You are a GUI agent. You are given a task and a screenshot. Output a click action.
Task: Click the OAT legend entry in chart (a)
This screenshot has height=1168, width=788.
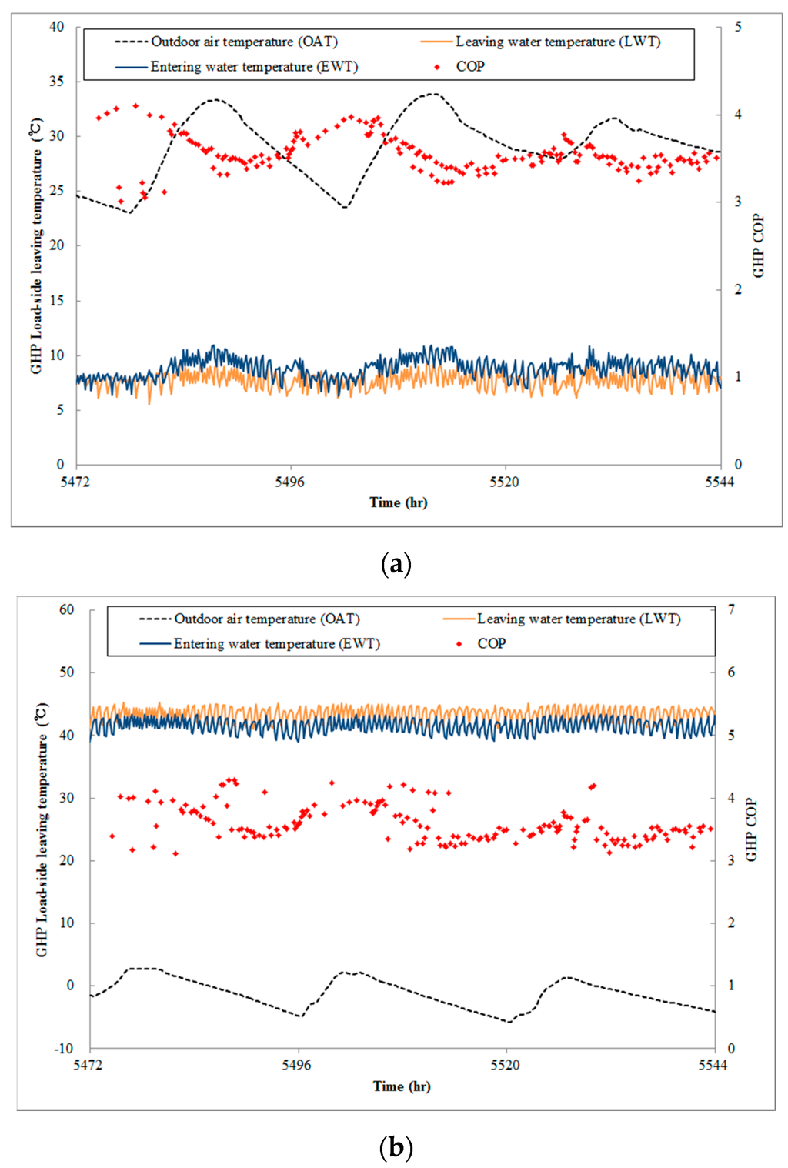(x=244, y=42)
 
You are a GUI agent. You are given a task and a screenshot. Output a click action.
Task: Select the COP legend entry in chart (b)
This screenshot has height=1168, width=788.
(x=491, y=643)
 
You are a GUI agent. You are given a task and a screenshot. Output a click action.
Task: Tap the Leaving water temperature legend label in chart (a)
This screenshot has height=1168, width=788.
(x=558, y=42)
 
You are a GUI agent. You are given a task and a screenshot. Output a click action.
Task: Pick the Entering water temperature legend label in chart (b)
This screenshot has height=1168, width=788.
(x=276, y=643)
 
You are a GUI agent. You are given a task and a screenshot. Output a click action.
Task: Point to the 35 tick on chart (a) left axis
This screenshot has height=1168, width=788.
(x=57, y=81)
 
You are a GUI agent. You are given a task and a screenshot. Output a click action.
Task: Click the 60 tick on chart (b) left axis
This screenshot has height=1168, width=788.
(x=66, y=609)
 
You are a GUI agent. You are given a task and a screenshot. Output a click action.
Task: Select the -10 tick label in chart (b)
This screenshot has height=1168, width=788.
(x=64, y=1048)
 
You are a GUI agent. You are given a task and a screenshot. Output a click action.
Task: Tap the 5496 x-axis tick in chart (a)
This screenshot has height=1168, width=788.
(x=290, y=482)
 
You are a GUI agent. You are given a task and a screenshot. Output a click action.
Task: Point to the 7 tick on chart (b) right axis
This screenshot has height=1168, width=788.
(x=731, y=609)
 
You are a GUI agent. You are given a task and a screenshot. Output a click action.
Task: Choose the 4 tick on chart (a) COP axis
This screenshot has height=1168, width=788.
(x=738, y=115)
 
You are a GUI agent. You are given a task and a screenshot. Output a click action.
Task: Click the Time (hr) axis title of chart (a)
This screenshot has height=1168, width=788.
(x=398, y=502)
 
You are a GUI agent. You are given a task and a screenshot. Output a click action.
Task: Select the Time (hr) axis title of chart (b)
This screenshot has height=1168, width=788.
(x=402, y=1086)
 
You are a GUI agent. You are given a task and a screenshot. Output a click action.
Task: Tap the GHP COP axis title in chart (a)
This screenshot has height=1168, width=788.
(x=759, y=245)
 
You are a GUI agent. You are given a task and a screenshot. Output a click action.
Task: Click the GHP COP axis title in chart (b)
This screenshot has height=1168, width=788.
(x=751, y=829)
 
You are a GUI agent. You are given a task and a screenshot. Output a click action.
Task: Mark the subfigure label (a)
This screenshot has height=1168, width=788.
(x=396, y=564)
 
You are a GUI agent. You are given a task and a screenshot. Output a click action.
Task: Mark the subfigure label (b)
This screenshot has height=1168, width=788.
(x=396, y=1147)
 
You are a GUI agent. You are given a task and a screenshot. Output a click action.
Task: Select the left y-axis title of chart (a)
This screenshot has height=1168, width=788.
(x=36, y=245)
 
